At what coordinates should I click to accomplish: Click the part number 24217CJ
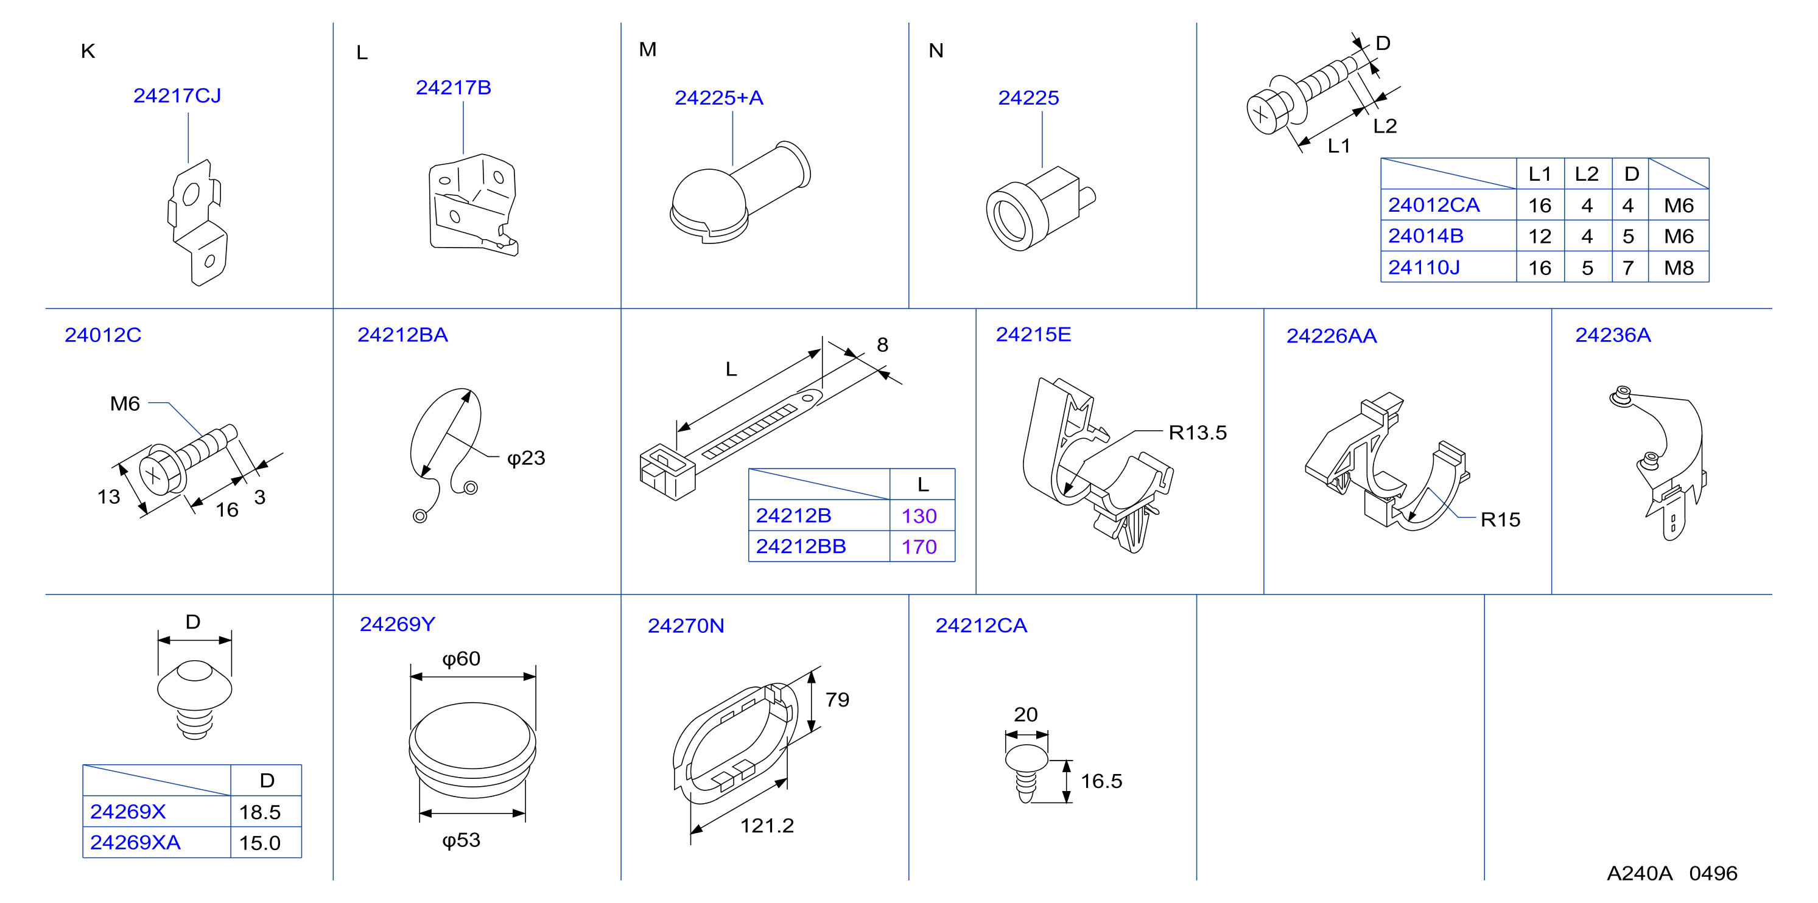pos(177,96)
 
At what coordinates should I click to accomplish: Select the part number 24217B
pos(453,88)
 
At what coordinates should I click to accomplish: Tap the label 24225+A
pos(718,97)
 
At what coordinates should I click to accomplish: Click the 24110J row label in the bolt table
pos(1423,267)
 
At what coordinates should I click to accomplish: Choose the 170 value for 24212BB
pos(919,547)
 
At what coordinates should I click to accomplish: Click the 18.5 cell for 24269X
pos(260,812)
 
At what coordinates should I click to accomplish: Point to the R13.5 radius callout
pos(1198,433)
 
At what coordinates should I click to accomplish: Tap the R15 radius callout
pos(1500,520)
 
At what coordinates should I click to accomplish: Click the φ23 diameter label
pos(526,459)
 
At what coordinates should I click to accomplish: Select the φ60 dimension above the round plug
pos(461,659)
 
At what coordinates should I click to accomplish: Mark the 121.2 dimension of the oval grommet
pos(767,825)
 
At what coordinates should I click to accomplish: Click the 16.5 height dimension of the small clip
pos(1101,781)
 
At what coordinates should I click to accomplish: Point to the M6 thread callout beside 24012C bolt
pos(125,403)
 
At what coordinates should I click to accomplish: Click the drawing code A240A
pos(1640,873)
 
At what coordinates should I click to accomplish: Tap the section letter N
pos(936,51)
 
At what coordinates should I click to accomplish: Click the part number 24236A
pos(1613,335)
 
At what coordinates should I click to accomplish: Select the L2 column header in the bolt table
pos(1587,173)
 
